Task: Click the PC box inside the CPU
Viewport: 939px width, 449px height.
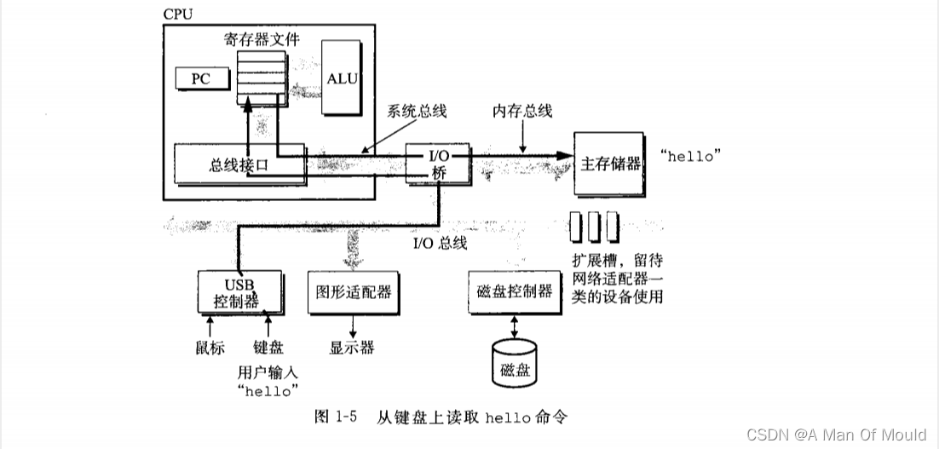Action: pyautogui.click(x=201, y=78)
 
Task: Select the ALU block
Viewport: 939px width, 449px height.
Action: pyautogui.click(x=342, y=78)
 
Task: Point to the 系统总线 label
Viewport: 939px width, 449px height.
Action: pyautogui.click(x=417, y=112)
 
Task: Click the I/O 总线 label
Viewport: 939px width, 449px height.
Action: pyautogui.click(x=440, y=244)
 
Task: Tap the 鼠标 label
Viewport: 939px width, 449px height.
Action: pyautogui.click(x=209, y=348)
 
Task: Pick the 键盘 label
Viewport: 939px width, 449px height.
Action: pyautogui.click(x=268, y=348)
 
